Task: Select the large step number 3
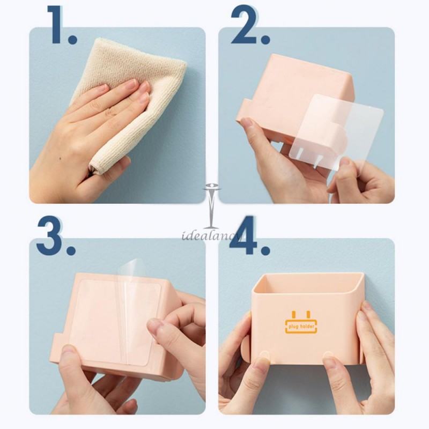[x=49, y=235]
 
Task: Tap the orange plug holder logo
[x=301, y=322]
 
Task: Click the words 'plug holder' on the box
[x=301, y=327]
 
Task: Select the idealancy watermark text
[x=211, y=235]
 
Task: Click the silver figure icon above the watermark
[x=211, y=206]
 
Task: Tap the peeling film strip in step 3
[x=128, y=301]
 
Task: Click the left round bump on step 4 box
[x=264, y=356]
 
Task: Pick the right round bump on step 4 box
[x=328, y=356]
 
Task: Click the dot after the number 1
[x=72, y=39]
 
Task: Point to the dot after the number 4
[x=265, y=250]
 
